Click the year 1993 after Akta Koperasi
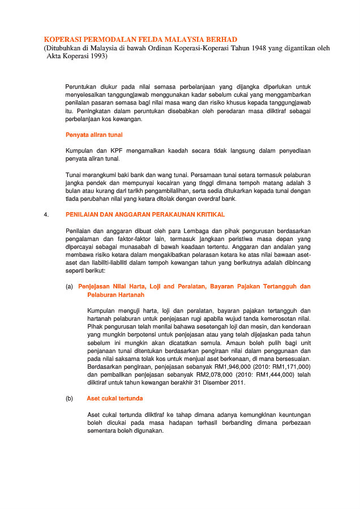[x=97, y=57]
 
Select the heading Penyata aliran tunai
[x=94, y=135]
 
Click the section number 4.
[x=46, y=215]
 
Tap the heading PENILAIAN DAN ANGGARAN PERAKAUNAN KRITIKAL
[x=145, y=215]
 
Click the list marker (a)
[x=69, y=287]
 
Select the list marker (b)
[x=69, y=399]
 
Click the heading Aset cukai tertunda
[x=114, y=399]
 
